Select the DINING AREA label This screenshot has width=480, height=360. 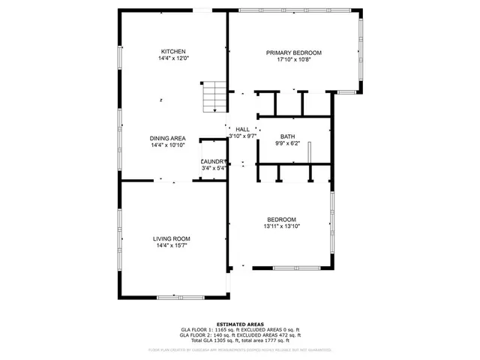(168, 138)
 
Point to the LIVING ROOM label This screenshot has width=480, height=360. (172, 238)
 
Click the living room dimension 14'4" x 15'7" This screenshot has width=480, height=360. (172, 245)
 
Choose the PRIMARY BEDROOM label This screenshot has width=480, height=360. (294, 52)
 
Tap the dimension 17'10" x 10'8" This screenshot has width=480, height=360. (294, 59)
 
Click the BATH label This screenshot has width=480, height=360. (288, 136)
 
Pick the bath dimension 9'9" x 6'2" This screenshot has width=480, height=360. (288, 143)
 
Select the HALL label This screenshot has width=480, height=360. (242, 130)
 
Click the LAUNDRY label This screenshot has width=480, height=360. (214, 161)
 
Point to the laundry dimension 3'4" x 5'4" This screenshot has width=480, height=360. (214, 168)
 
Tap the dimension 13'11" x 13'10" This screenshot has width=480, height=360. (282, 226)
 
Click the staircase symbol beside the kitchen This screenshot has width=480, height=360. (214, 97)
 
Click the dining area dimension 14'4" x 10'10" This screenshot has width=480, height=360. (168, 145)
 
